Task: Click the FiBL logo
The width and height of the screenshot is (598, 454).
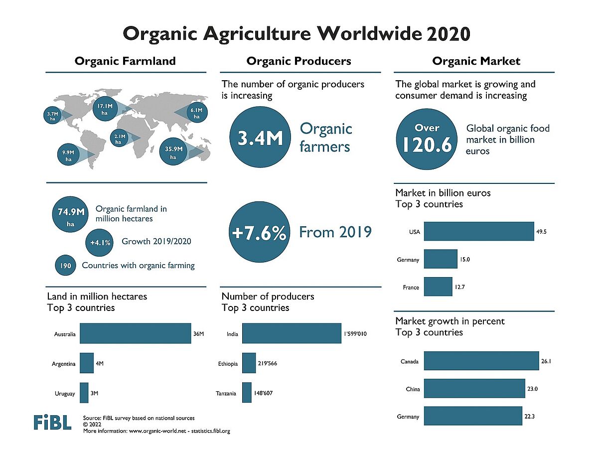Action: (52, 422)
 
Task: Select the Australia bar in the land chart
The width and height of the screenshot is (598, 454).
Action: (135, 334)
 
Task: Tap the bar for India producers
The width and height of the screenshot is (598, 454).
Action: (292, 334)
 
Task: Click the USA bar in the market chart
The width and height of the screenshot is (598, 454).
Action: (479, 231)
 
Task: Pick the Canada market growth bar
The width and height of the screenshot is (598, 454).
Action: (481, 361)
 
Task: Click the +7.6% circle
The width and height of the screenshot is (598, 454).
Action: (259, 233)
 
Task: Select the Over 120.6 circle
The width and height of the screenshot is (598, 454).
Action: (427, 138)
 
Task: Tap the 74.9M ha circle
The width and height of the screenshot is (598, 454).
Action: (70, 216)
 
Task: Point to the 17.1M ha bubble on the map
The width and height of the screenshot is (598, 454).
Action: (105, 109)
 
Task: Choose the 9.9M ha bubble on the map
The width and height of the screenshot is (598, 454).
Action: (68, 155)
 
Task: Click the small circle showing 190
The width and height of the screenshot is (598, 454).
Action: (65, 266)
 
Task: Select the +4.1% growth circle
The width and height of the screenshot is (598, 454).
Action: (101, 242)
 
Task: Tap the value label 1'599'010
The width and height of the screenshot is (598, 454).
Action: (355, 334)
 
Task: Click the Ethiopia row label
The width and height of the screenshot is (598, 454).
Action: (228, 364)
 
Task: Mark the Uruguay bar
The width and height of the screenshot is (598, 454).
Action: (84, 393)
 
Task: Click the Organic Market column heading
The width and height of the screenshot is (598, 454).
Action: (476, 61)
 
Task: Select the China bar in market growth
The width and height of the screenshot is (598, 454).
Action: (474, 389)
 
